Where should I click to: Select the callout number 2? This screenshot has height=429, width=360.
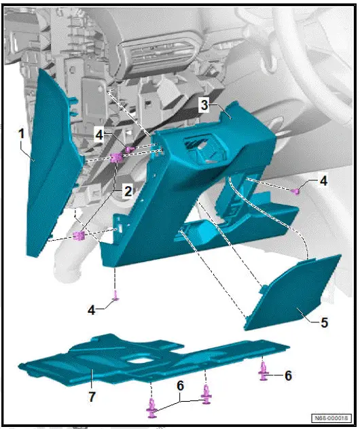point(127,192)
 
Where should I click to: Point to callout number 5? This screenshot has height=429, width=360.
point(324,322)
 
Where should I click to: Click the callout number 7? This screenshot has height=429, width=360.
point(91,394)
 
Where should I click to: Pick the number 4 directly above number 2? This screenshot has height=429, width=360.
point(99,135)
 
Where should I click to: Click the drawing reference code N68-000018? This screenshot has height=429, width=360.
point(331,418)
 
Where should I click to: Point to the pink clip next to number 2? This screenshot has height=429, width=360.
point(115,158)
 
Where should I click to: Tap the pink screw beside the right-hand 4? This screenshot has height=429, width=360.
point(297,191)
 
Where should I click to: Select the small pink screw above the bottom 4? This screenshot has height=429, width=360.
point(116,294)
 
